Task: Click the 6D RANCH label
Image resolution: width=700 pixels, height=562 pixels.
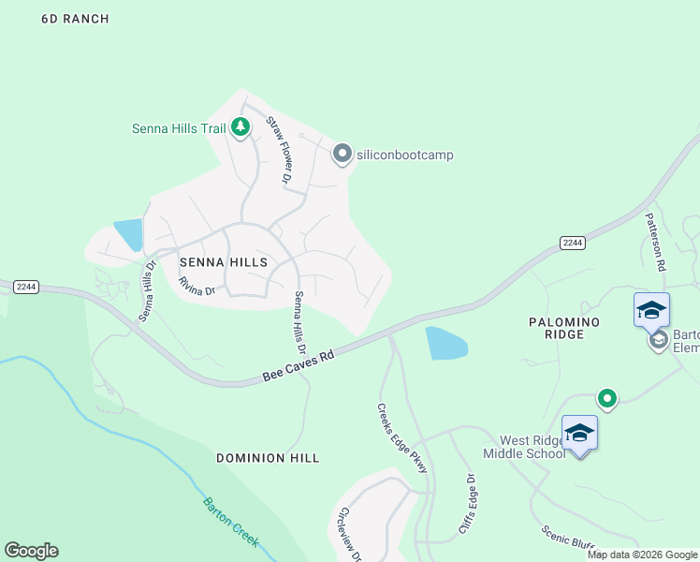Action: coord(75,19)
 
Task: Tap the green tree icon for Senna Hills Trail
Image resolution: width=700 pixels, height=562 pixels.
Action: coord(241,126)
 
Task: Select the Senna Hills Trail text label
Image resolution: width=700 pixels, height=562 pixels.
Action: coord(179,128)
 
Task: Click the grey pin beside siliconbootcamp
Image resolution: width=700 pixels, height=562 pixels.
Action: coord(343,153)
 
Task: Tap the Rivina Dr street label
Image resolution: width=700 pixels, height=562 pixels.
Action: coord(197,286)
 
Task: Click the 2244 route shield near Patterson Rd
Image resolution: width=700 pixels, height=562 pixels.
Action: coord(573,243)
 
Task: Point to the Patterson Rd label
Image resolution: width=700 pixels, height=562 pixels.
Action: coord(654,241)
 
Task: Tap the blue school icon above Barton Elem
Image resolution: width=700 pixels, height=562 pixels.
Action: coord(651,309)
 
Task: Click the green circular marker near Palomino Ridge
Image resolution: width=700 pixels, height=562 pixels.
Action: coord(607,399)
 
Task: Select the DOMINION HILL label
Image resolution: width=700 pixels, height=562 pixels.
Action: coord(268,458)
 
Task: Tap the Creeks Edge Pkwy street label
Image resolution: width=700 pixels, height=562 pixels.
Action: coord(402,437)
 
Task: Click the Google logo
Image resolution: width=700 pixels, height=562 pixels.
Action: coord(31,551)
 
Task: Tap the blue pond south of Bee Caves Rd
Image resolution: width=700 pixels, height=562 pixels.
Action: coord(445,344)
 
